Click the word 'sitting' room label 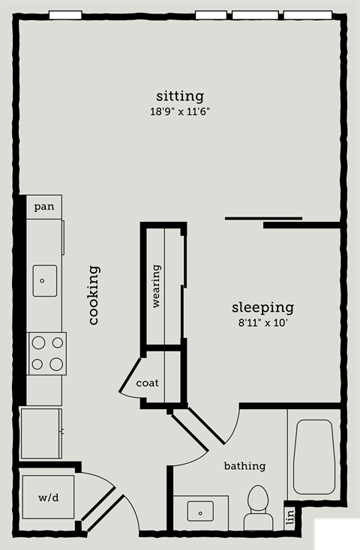click(x=180, y=97)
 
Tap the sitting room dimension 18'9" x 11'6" click(x=179, y=112)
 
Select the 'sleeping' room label click(x=262, y=308)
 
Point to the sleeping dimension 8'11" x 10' click(x=261, y=324)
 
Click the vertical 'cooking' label click(x=94, y=295)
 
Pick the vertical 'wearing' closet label click(x=157, y=286)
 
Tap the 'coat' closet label click(x=148, y=383)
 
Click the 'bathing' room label click(x=245, y=466)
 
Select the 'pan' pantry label click(x=44, y=207)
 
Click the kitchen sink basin click(x=45, y=281)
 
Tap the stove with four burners click(x=46, y=354)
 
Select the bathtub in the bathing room click(x=313, y=457)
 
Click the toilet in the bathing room click(x=259, y=504)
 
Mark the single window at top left click(x=65, y=14)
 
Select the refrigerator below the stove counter click(x=41, y=433)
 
